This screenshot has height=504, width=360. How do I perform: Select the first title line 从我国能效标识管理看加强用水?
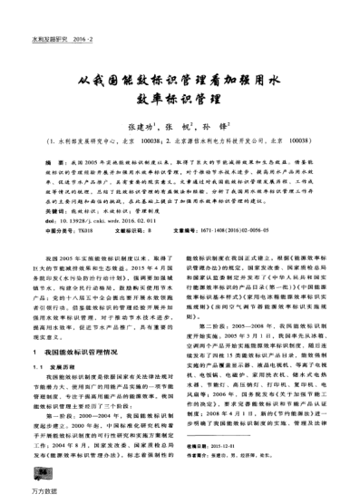180,79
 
